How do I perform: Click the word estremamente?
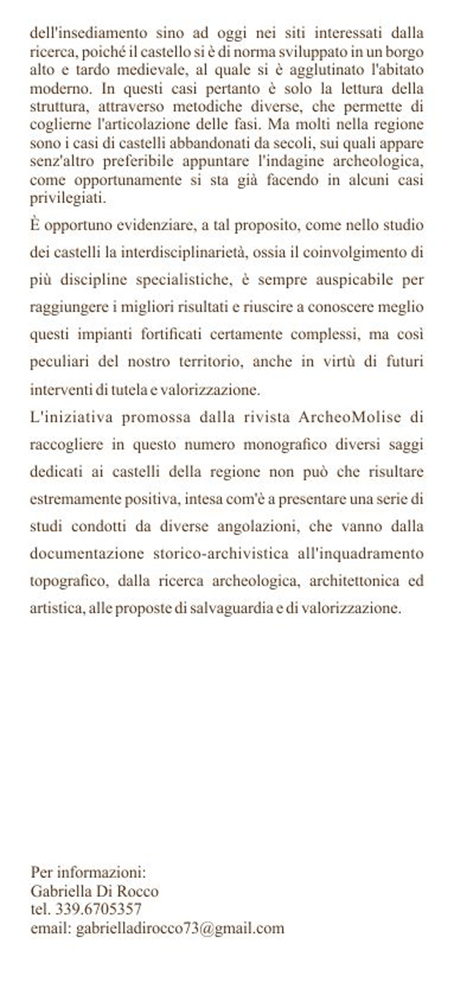click(69, 501)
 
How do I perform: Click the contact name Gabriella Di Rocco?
click(94, 891)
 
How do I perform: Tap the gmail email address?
click(180, 929)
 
